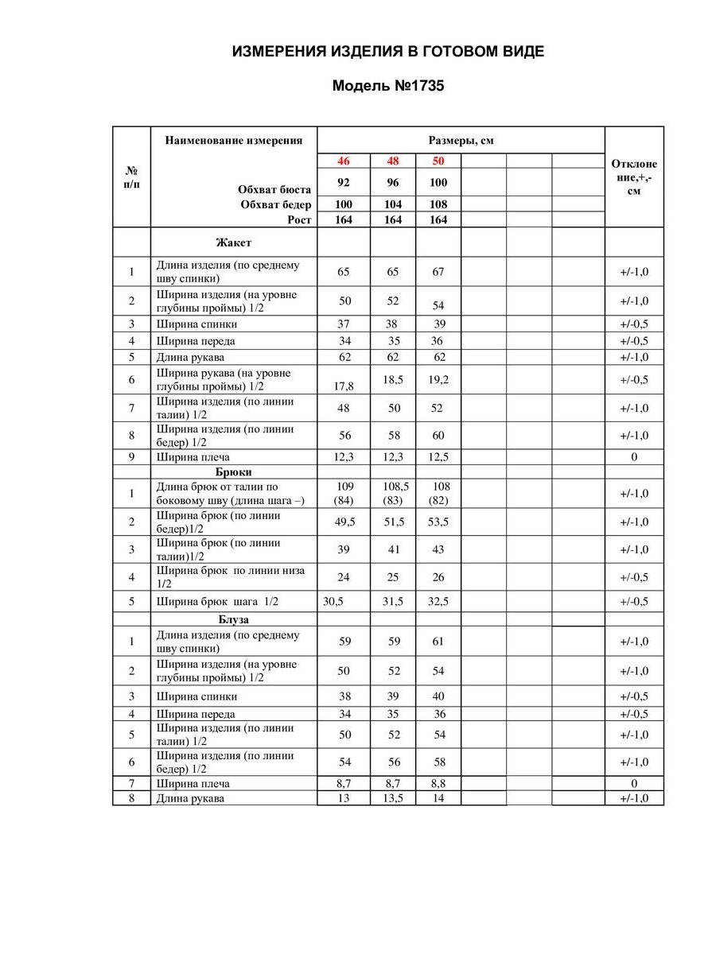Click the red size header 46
(344, 161)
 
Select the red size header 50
(438, 161)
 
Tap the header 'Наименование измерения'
(234, 141)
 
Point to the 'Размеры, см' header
(461, 141)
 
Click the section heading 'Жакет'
(233, 242)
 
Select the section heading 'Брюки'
(233, 471)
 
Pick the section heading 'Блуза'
(234, 619)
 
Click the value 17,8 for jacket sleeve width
(344, 386)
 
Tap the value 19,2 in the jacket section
(438, 380)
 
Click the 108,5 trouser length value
(393, 486)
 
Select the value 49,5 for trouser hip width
(344, 522)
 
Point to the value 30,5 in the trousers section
(333, 602)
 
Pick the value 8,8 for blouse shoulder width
(438, 784)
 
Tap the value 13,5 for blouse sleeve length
(393, 798)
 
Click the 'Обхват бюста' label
(274, 189)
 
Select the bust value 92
(344, 182)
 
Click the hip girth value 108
(438, 204)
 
